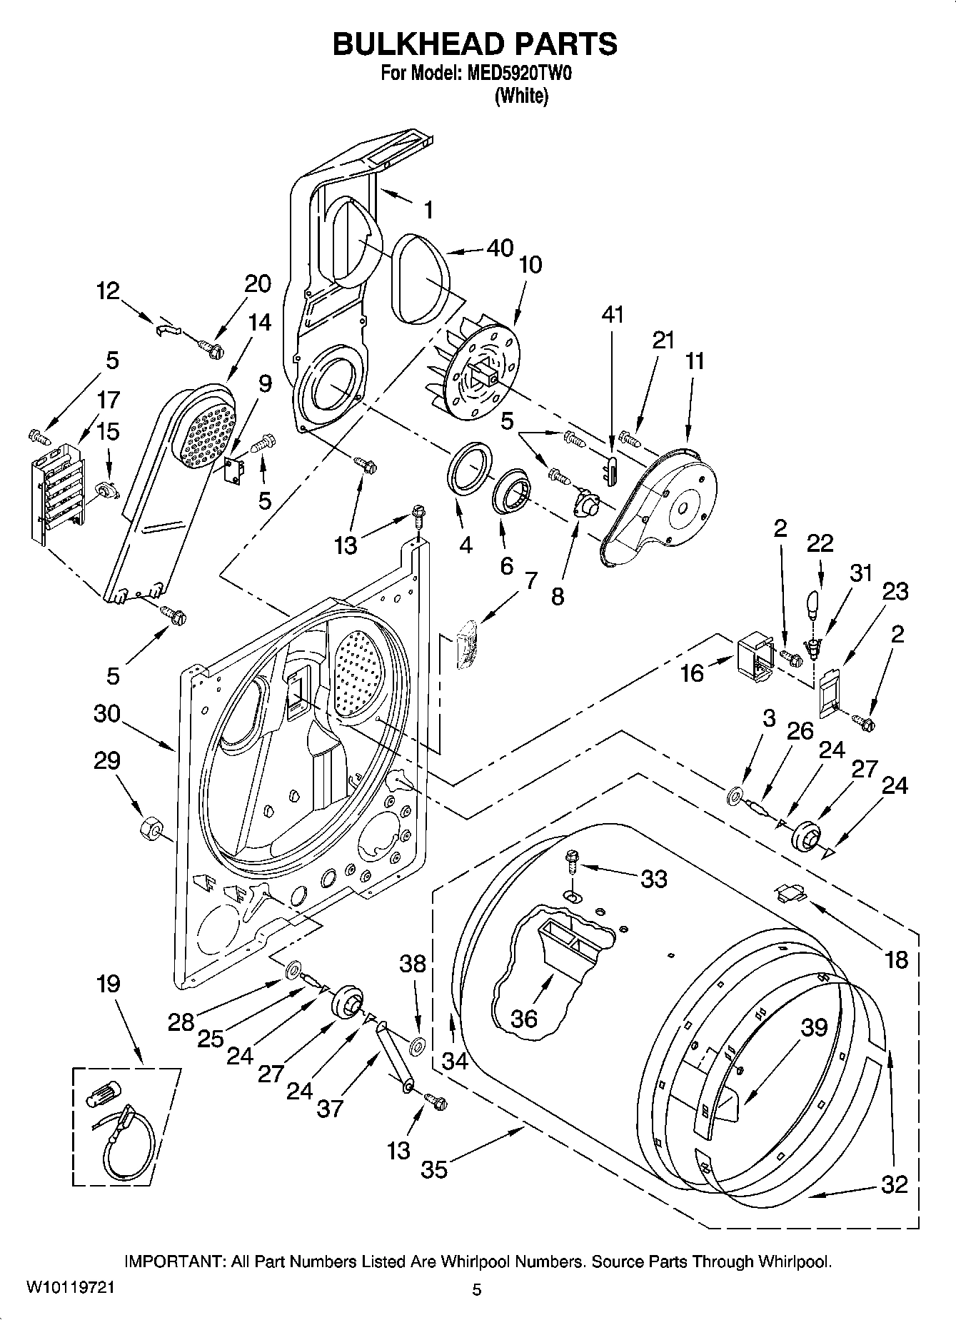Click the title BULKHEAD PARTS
pyautogui.click(x=475, y=44)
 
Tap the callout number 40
pyautogui.click(x=500, y=248)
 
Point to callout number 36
pyautogui.click(x=524, y=1018)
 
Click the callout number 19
pyautogui.click(x=108, y=984)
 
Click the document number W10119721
pyautogui.click(x=69, y=1289)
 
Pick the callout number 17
pyautogui.click(x=108, y=399)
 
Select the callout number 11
pyautogui.click(x=694, y=361)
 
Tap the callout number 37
pyautogui.click(x=331, y=1108)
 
